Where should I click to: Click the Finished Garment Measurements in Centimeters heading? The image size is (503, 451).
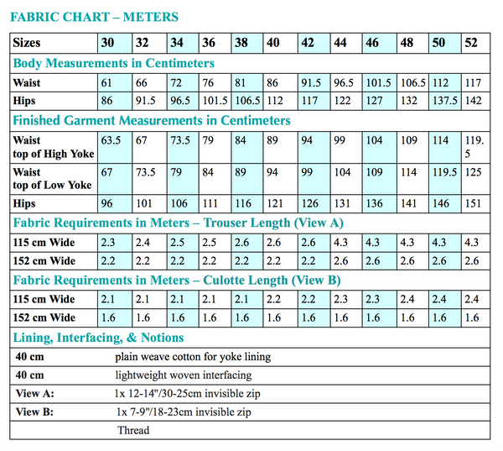point(152,120)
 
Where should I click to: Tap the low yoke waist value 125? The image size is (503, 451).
point(472,172)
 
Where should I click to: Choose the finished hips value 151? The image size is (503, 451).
point(472,203)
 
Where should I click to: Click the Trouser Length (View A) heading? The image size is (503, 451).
point(178,223)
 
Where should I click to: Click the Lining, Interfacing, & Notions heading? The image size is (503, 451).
point(99,337)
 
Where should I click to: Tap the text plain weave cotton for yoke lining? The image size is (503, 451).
point(194,357)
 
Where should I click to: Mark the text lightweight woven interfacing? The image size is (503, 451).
point(184,375)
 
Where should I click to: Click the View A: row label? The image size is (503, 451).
point(35,394)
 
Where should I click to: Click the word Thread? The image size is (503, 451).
point(133,431)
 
